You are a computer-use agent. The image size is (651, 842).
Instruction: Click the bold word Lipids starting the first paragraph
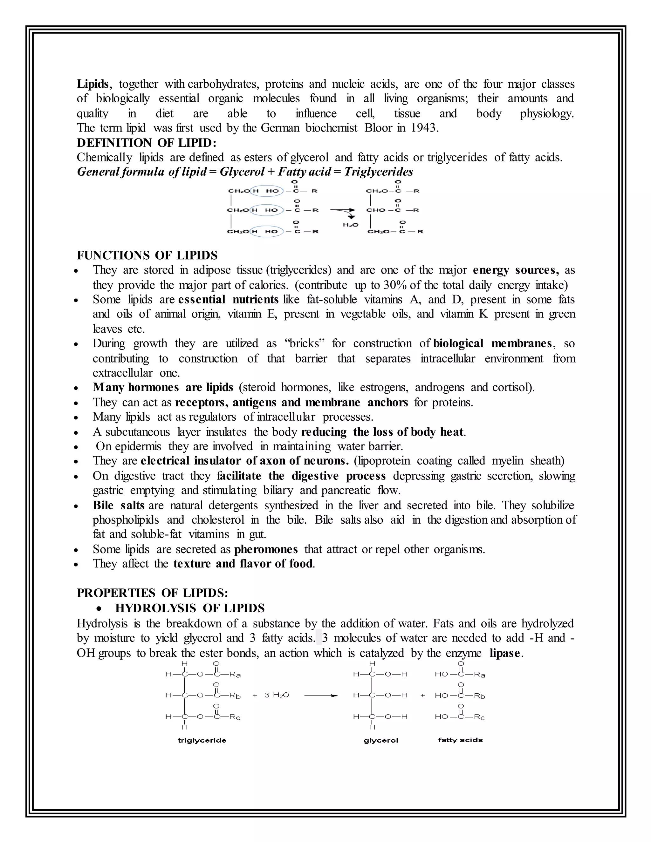93,84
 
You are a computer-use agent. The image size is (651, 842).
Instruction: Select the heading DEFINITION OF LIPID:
147,143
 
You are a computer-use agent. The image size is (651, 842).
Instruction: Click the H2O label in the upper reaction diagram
350,225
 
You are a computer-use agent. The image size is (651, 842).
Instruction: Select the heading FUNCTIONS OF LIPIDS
147,255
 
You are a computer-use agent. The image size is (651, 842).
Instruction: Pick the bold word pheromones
266,549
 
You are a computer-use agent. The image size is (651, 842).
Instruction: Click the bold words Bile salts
118,506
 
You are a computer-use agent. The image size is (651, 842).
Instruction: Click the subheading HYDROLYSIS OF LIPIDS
190,608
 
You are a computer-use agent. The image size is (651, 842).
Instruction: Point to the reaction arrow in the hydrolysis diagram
320,696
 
